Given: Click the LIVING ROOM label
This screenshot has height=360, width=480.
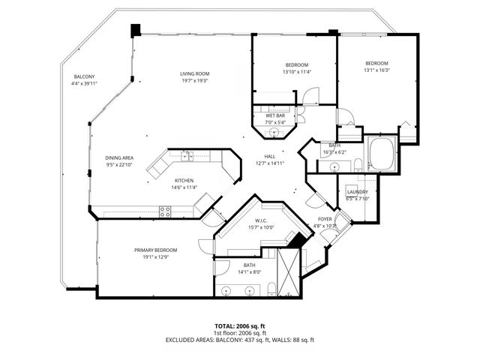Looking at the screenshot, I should coord(193,73).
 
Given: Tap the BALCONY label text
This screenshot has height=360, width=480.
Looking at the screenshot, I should coord(84,77).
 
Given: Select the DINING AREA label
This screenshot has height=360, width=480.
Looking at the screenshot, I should coord(118,158).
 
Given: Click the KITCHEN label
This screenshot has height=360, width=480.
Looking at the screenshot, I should coord(184,181).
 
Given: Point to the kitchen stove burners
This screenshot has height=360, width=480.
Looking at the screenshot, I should coord(166,212).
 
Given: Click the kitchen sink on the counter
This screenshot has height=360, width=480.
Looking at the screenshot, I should coord(185,156).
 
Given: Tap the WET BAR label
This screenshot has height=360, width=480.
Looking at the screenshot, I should coord(275,115).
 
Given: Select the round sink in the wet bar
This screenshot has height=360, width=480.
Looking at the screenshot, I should coord(274,133).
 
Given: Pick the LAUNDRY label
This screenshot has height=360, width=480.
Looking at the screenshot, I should coord(357,192).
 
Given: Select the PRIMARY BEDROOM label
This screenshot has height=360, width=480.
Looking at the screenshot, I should coord(156,250).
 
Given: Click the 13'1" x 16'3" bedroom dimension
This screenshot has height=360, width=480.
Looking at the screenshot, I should coord(376,70).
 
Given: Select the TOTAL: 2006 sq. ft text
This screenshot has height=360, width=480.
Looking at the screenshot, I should coord(240,325).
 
